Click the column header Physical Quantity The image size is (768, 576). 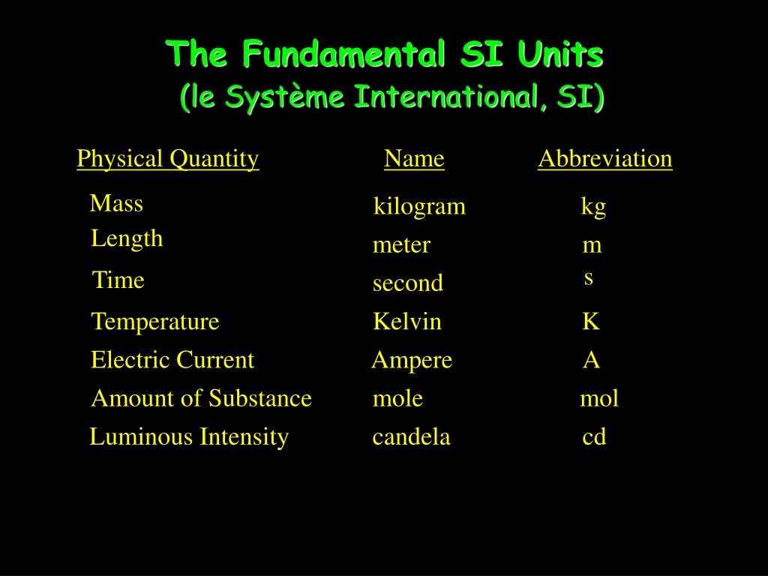168,159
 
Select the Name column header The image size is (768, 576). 414,159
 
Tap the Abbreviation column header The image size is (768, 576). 604,159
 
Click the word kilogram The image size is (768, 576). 420,206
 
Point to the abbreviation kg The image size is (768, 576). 593,207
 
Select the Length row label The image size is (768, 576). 127,238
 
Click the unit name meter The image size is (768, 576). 401,245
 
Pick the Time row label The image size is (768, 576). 118,280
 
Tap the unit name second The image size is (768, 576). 408,283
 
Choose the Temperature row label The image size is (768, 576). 155,322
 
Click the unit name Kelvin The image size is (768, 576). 407,322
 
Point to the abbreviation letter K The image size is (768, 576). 591,322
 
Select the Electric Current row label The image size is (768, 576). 172,360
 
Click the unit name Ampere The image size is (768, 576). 412,360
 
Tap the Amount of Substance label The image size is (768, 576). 201,398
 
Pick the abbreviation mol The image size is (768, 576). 599,398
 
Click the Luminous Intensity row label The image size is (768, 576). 189,436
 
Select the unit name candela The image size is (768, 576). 411,436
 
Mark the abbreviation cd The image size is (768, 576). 594,436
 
